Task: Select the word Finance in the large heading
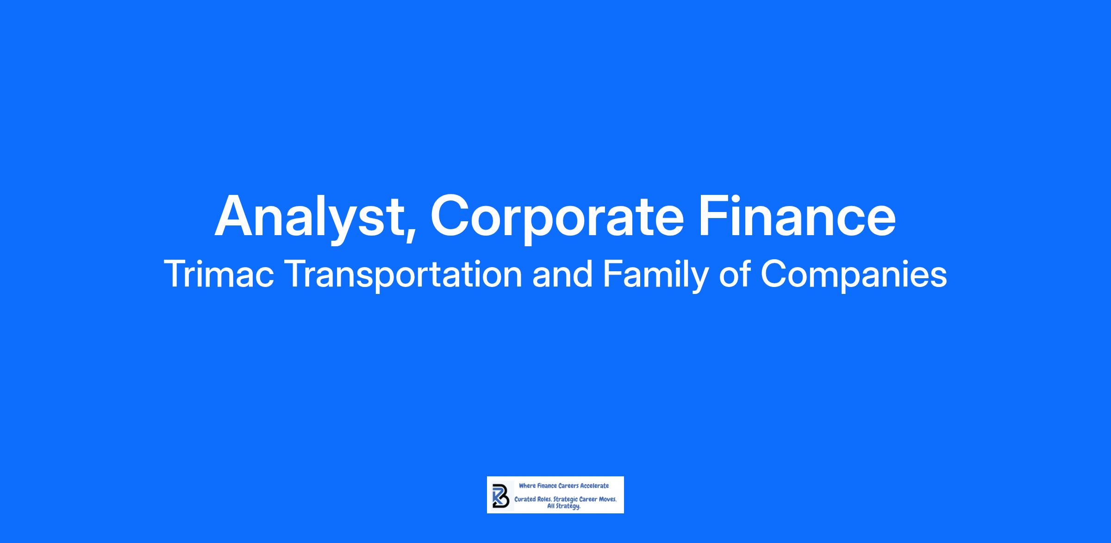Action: pos(797,215)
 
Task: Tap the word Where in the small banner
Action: pos(527,486)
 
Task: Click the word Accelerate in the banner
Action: pos(595,486)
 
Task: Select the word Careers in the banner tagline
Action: pos(568,486)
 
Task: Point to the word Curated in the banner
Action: pos(525,500)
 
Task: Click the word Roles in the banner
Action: pos(544,500)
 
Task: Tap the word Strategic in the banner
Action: pos(566,500)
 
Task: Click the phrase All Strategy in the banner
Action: pos(564,506)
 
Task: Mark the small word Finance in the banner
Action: pos(547,486)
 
